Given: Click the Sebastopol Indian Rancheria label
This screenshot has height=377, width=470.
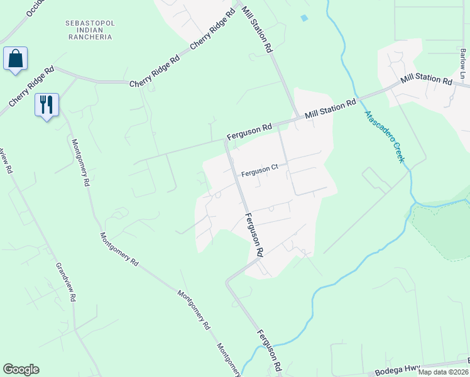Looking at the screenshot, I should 89,30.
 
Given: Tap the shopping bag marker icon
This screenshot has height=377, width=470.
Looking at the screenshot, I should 15,59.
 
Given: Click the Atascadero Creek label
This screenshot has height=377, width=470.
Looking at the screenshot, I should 383,136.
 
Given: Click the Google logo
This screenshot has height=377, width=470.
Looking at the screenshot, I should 21,369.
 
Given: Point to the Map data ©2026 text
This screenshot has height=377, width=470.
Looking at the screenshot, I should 442,372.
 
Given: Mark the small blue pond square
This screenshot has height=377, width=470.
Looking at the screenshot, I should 305,18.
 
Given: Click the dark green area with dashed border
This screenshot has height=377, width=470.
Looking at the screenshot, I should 443,229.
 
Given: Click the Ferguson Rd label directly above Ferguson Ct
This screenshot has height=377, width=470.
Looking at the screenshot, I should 249,129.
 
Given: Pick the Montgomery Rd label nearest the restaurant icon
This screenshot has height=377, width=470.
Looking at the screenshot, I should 80,163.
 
